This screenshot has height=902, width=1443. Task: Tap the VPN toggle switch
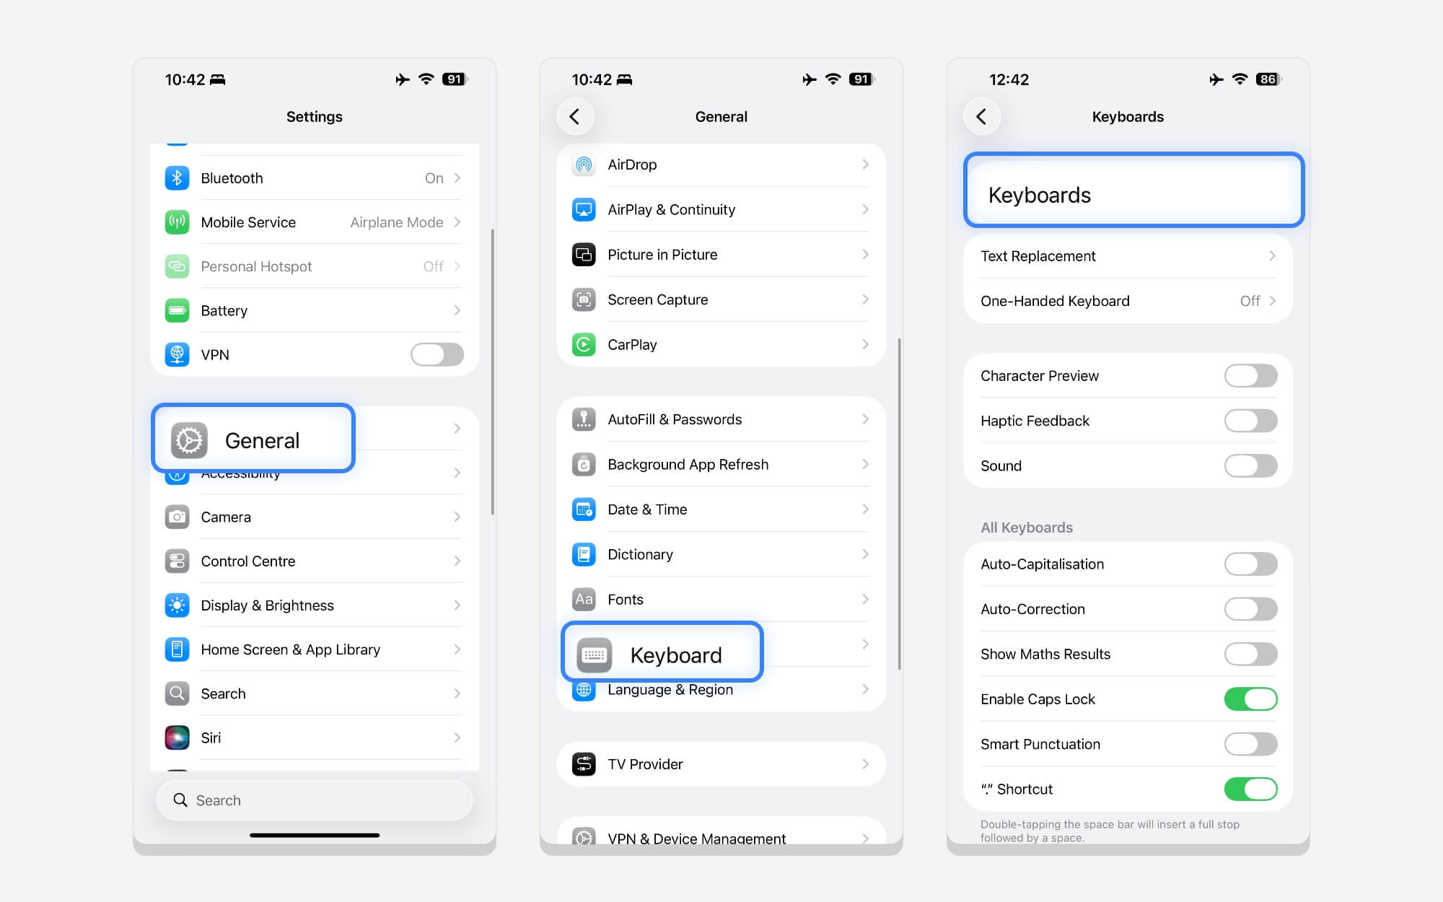437,354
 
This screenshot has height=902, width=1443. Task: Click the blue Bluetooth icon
177,178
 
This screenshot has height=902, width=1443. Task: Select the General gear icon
189,440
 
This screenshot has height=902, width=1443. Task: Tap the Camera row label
226,517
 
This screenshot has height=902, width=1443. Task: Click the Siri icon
177,737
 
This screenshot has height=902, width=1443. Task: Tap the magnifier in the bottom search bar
180,800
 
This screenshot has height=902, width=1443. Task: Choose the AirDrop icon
584,165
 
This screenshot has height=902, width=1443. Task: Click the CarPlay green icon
584,344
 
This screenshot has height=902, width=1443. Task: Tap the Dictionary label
640,554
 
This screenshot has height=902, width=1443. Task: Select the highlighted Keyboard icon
594,654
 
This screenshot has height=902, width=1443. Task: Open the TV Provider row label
645,764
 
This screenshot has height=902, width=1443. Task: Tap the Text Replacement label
1038,256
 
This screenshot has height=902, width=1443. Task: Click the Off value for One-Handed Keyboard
1250,301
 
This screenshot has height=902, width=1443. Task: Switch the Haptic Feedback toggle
1250,421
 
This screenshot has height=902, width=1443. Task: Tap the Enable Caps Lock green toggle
1250,699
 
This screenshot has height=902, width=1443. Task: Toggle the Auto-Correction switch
1250,609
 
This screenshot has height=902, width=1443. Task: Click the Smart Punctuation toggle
1250,744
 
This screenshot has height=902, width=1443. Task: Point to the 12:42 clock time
1009,79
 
